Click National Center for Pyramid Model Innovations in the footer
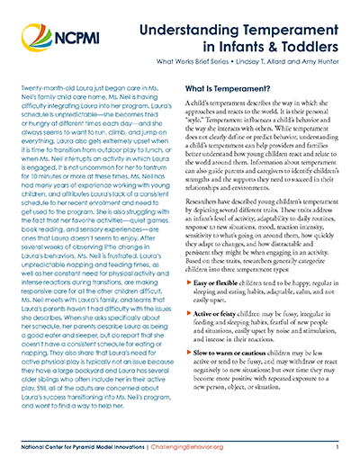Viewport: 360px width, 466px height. [90, 444]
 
